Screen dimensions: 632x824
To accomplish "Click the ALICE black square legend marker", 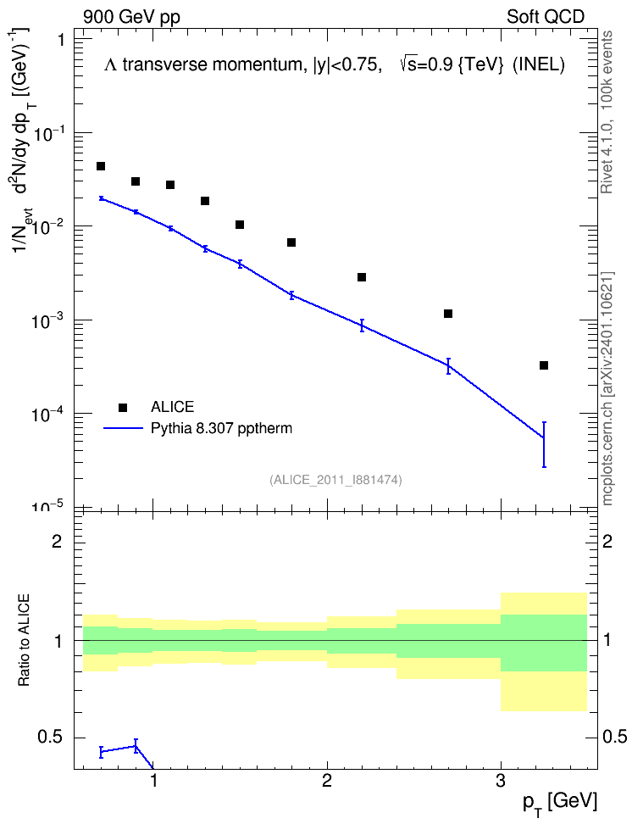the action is coord(123,407).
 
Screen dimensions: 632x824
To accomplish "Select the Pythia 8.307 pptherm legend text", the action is coord(221,428).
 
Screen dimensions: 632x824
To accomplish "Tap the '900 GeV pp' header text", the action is coord(131,17).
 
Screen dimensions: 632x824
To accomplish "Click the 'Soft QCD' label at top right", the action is coord(546,17).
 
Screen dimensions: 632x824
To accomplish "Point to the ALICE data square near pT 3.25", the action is coord(544,365).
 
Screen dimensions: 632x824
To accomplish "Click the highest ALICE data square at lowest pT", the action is coord(101,166).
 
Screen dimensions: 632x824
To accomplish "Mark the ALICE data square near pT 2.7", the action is coord(448,314).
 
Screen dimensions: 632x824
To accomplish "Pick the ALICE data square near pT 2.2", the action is coord(362,277).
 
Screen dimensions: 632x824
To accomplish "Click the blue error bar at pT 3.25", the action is coord(544,444).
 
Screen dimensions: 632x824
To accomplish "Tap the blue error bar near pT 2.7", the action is coord(448,365).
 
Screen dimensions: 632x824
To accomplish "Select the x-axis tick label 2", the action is coord(327,781).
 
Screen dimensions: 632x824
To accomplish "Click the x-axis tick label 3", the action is coord(501,781).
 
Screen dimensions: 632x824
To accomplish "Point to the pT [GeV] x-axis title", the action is coord(560,803).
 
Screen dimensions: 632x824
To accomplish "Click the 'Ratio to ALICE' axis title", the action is coord(24,640).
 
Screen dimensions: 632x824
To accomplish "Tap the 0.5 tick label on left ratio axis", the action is coord(50,738).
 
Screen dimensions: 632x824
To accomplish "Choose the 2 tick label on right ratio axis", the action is coord(607,541).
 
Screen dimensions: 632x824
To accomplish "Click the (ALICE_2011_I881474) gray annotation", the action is coord(335,480).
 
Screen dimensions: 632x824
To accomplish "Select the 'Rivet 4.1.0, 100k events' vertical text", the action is coord(607,112).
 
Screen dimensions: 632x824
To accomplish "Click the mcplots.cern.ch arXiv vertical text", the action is coord(607,389).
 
